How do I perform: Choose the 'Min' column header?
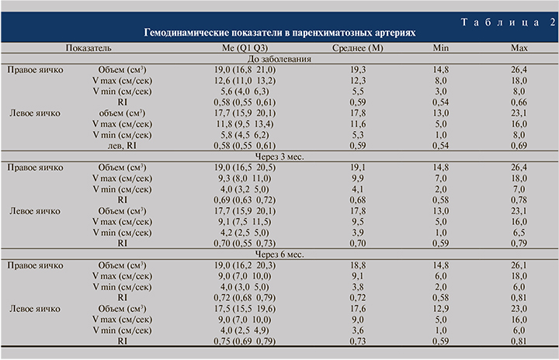click(x=441, y=48)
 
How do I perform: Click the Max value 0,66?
click(x=519, y=102)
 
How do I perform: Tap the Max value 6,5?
click(x=519, y=231)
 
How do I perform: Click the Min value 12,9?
click(x=440, y=307)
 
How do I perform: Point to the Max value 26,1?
click(x=519, y=264)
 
